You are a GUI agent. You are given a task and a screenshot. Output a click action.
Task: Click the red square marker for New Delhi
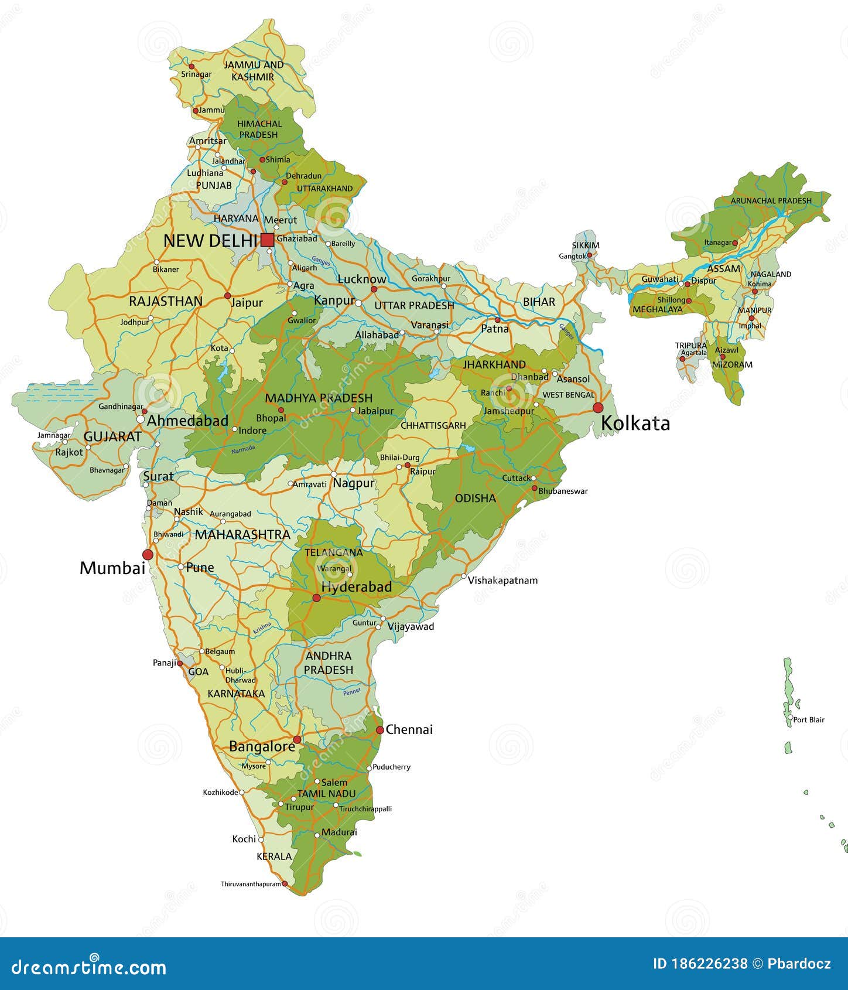(x=268, y=240)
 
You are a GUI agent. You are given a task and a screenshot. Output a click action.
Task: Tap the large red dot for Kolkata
(x=598, y=407)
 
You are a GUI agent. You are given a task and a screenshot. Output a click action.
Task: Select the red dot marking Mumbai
(x=148, y=554)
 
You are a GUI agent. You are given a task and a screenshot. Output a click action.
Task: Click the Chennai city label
(x=409, y=729)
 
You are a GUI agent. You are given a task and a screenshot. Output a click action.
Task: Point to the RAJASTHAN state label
(x=166, y=301)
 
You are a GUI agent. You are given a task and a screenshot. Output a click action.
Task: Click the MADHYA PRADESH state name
(x=319, y=398)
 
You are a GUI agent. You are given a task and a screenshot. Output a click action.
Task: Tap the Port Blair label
(x=809, y=719)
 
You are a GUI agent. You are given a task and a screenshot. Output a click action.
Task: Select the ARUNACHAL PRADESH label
(x=771, y=200)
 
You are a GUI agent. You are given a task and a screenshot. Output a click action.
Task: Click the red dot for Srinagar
(x=192, y=66)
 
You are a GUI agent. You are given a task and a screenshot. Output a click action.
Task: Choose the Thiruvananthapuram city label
(x=251, y=884)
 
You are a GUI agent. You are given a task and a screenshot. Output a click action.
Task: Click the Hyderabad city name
(x=356, y=586)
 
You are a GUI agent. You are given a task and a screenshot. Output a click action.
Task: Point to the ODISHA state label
(x=475, y=498)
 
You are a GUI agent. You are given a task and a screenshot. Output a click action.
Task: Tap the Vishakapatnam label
(x=502, y=581)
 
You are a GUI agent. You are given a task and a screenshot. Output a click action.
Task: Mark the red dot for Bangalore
(x=297, y=739)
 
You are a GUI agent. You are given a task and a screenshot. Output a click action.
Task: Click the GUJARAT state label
(x=112, y=436)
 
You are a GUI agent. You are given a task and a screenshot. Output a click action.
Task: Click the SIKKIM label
(x=586, y=245)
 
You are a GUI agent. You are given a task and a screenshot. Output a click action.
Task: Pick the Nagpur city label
(x=353, y=483)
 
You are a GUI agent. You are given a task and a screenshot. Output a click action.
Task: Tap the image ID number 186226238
(x=700, y=964)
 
